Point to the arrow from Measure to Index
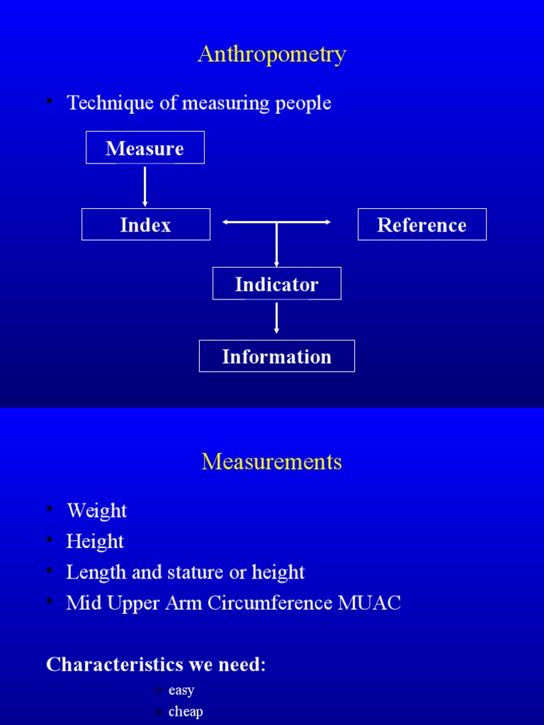(x=145, y=186)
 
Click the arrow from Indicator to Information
(x=277, y=318)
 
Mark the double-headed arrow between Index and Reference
(x=277, y=222)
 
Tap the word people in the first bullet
(x=303, y=103)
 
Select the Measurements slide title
(x=272, y=462)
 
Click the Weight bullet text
(x=96, y=511)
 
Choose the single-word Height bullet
(x=95, y=542)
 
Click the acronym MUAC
(x=369, y=603)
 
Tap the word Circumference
(x=269, y=603)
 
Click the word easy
(x=181, y=690)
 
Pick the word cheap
(x=186, y=712)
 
